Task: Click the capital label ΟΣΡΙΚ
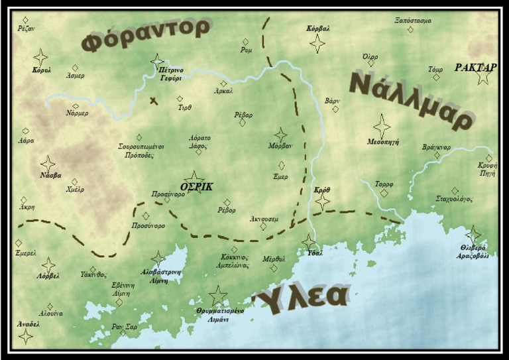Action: click(197, 187)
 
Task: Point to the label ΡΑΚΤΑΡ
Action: click(475, 68)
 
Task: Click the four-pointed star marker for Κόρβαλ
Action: click(318, 44)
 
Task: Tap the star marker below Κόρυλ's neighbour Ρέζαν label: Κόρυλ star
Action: click(40, 57)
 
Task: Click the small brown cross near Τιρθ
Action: click(154, 101)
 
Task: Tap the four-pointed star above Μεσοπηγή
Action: click(382, 126)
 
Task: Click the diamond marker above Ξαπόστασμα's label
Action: click(410, 30)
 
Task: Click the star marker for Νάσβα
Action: click(48, 164)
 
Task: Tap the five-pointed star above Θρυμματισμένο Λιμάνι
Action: click(217, 296)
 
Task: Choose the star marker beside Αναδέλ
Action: click(26, 336)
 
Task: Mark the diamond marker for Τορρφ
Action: click(384, 194)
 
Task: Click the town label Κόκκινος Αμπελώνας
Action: click(235, 261)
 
